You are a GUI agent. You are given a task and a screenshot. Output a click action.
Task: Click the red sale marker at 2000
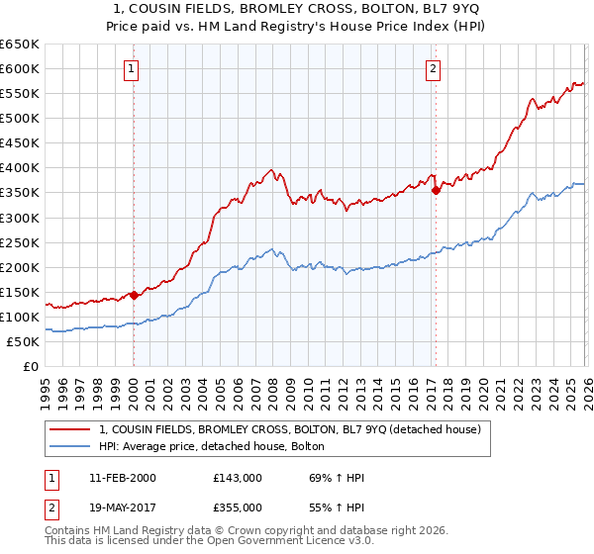click(134, 295)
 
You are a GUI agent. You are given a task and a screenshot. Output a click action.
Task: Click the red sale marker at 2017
click(436, 190)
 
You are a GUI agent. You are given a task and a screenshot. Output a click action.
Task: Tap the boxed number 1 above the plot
click(133, 68)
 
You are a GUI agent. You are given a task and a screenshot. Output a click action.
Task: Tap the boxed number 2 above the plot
click(434, 68)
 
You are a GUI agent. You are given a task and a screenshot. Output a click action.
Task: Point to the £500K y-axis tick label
click(20, 119)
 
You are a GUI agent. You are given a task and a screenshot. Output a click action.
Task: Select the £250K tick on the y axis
click(20, 242)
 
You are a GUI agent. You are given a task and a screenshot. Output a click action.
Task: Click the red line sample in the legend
click(69, 429)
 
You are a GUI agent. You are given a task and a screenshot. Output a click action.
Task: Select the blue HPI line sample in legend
click(69, 446)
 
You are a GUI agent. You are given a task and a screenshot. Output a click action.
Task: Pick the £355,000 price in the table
click(237, 506)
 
